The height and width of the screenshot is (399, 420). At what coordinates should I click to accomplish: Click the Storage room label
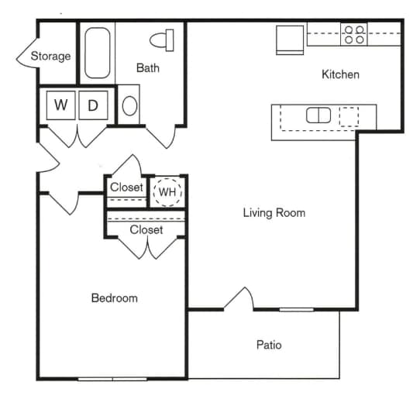(x=50, y=56)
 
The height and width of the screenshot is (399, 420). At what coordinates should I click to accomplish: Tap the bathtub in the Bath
(x=98, y=53)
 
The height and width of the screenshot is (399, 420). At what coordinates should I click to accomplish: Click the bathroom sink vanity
(x=129, y=105)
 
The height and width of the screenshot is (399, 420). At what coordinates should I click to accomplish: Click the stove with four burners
(x=354, y=34)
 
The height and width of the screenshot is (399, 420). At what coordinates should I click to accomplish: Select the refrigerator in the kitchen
(x=291, y=39)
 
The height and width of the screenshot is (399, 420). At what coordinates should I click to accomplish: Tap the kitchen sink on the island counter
(x=318, y=115)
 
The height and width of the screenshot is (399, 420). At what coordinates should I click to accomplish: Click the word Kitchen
(x=341, y=75)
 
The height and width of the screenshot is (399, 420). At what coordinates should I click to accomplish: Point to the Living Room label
(x=274, y=213)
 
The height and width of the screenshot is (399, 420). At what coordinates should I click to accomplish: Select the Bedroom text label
(x=114, y=298)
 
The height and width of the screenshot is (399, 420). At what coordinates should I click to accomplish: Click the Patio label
(x=269, y=345)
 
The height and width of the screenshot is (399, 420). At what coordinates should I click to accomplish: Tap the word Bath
(x=148, y=68)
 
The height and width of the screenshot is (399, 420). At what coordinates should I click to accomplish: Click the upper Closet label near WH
(x=126, y=187)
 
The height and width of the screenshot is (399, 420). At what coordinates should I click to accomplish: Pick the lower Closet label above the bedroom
(x=146, y=230)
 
